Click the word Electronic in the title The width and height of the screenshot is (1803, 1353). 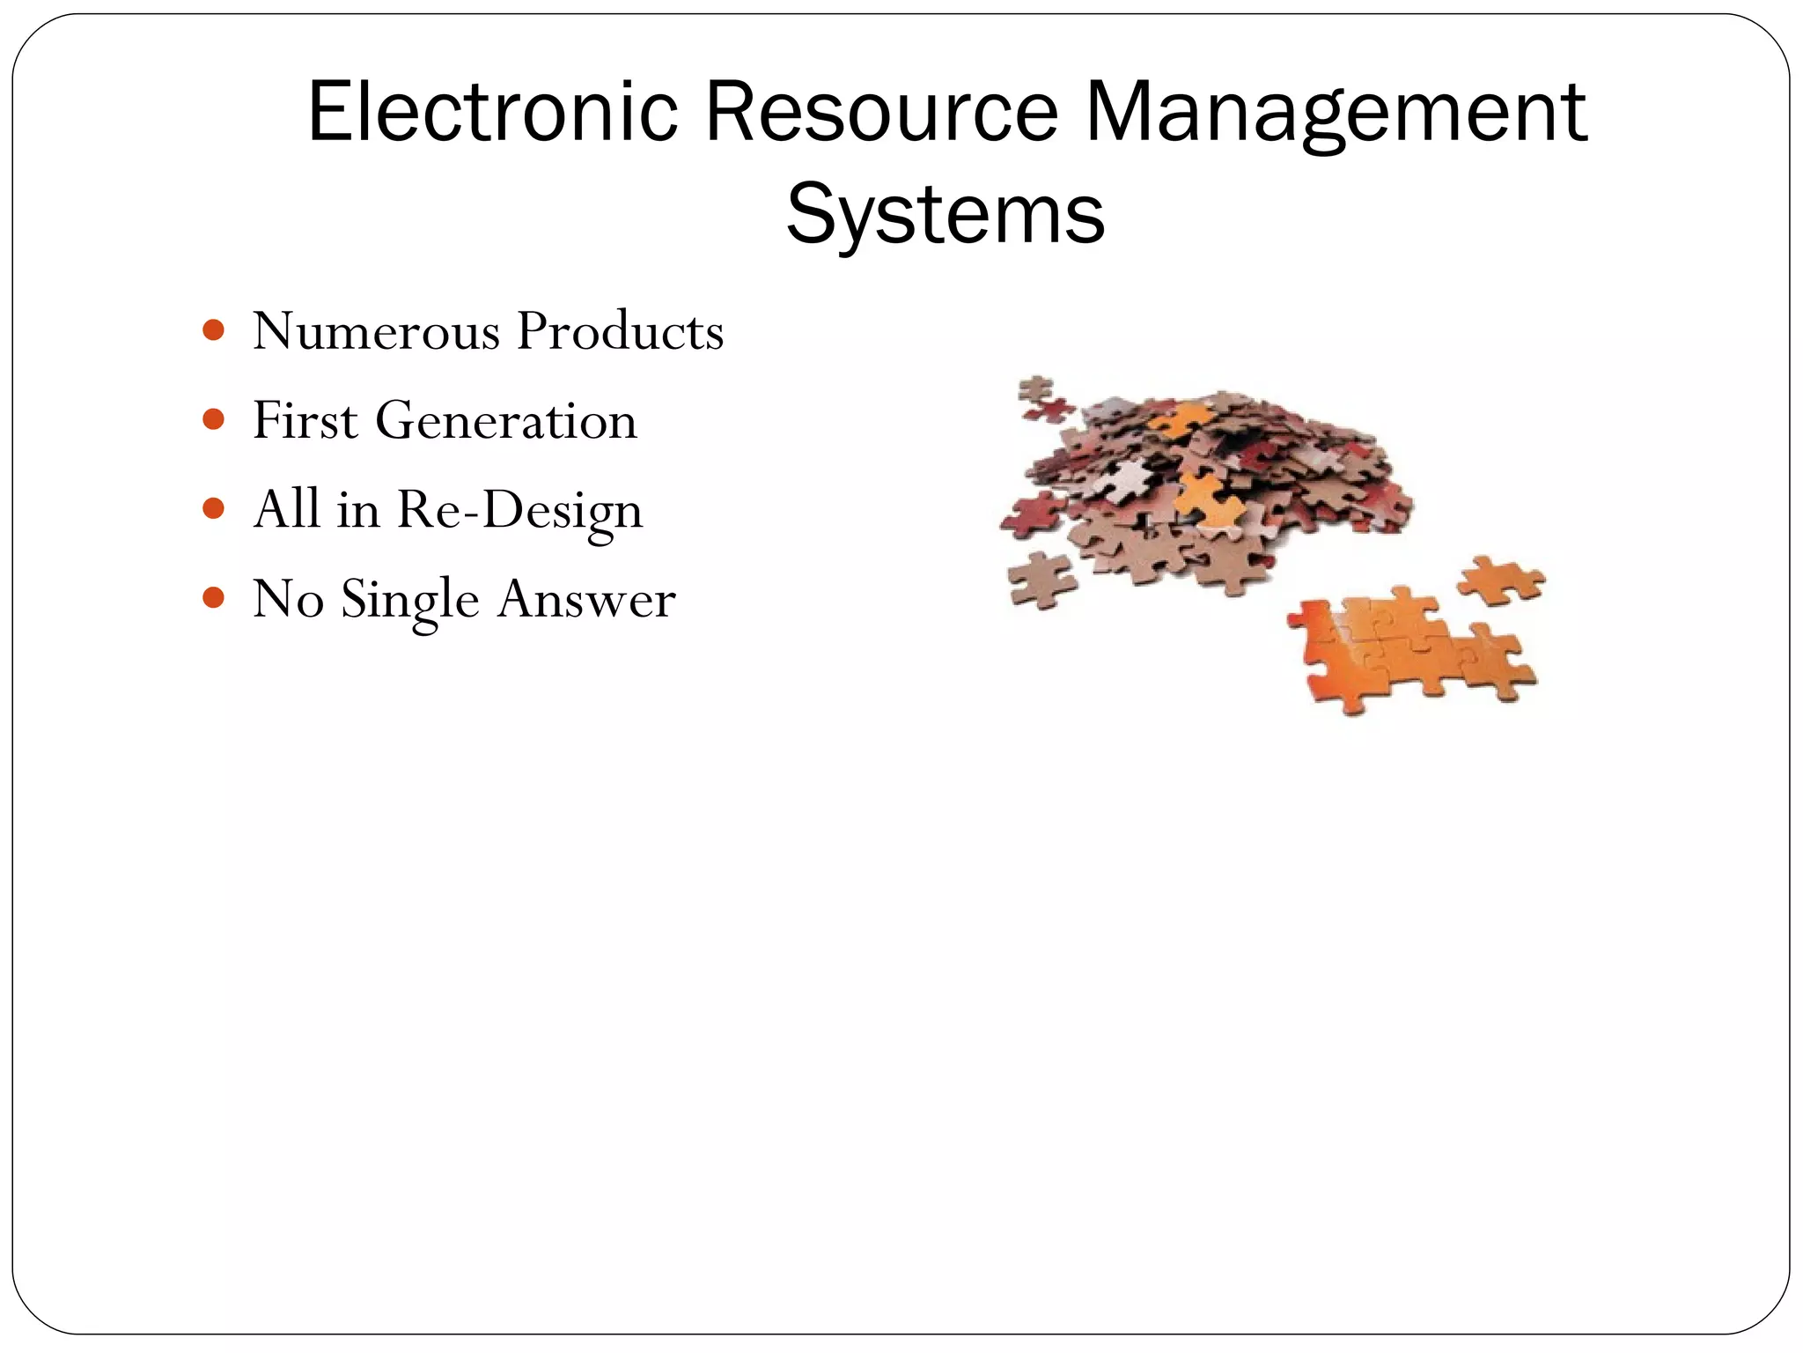click(x=492, y=112)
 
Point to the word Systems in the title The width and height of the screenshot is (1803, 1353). click(x=945, y=214)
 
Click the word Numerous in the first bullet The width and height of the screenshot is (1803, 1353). click(x=376, y=331)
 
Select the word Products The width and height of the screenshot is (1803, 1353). click(x=620, y=331)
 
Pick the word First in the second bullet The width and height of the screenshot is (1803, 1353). click(x=305, y=420)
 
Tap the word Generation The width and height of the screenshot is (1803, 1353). click(x=505, y=421)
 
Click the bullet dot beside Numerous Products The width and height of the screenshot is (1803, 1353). click(x=213, y=330)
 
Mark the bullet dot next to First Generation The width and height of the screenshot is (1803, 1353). click(x=213, y=419)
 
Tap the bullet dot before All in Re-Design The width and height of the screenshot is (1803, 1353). click(x=213, y=508)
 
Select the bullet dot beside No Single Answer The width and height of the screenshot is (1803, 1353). click(x=213, y=598)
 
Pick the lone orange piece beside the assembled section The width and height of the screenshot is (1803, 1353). click(x=1501, y=580)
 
